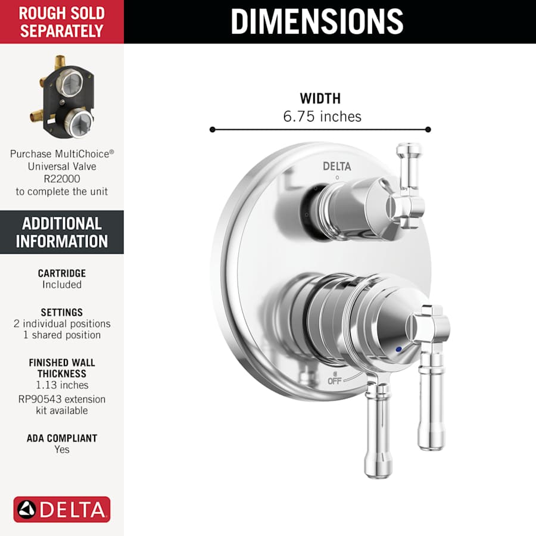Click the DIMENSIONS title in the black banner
(x=317, y=21)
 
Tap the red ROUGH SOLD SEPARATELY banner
(x=62, y=22)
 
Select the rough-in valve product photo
(x=62, y=97)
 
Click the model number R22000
(x=62, y=178)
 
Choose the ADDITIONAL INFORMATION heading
(x=62, y=232)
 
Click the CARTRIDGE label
(x=62, y=273)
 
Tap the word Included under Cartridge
(x=62, y=285)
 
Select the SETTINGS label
(x=62, y=312)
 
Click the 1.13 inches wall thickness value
(x=62, y=385)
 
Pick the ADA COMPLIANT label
(x=62, y=438)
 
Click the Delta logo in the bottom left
(x=62, y=509)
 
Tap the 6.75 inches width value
(x=322, y=116)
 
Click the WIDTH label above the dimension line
(x=320, y=99)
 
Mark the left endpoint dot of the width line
(x=211, y=129)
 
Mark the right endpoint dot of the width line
(x=428, y=129)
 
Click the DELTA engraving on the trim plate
(x=337, y=166)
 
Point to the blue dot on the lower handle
(x=398, y=348)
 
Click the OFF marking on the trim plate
(x=335, y=381)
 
